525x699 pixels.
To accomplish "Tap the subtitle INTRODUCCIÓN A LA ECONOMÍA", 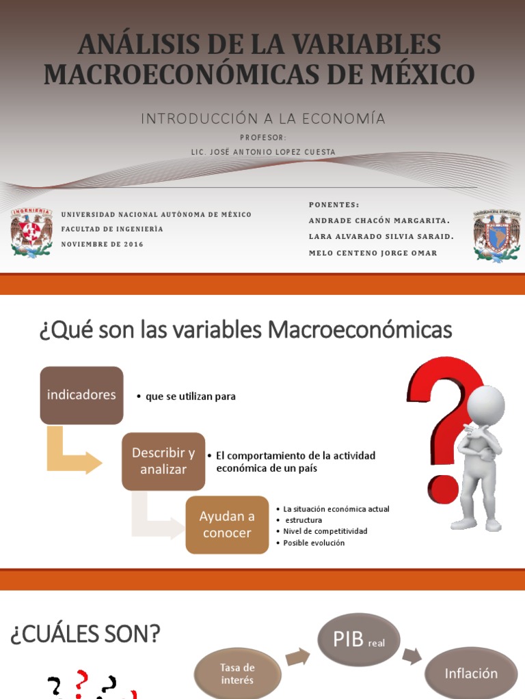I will (x=263, y=119).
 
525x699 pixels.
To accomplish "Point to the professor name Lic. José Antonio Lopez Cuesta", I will (x=263, y=152).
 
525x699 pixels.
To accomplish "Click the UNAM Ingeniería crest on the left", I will (x=31, y=232).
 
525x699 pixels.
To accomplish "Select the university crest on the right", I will (x=496, y=236).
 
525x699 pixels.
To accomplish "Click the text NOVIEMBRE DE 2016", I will (x=103, y=244).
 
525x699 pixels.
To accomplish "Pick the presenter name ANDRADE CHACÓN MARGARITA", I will (x=379, y=220).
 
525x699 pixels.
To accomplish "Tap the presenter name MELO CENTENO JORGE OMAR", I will (x=373, y=253).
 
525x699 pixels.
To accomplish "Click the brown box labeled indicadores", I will (x=81, y=395).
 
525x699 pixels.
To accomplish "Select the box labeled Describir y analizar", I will (x=163, y=461).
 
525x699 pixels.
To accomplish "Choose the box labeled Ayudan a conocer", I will (x=227, y=525).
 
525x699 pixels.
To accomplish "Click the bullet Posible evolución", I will (x=314, y=543).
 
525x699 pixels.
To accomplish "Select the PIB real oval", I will (x=359, y=640).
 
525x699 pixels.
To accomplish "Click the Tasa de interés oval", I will (x=237, y=674).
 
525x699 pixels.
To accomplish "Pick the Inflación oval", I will (x=471, y=674).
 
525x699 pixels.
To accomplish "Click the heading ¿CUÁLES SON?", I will (x=85, y=635).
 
